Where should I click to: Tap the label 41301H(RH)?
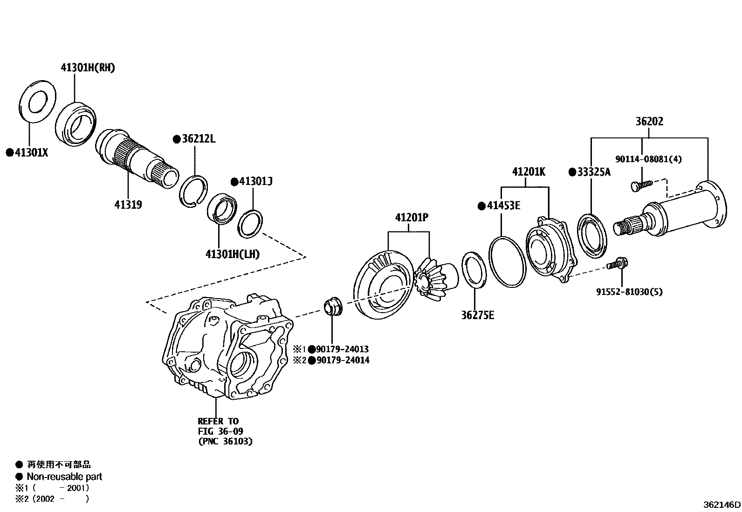[x=88, y=68]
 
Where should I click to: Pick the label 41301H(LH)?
[x=232, y=254]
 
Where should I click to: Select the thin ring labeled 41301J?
[x=250, y=224]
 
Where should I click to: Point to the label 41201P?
[x=412, y=217]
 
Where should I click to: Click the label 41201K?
[x=529, y=172]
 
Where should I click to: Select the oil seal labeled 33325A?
[x=592, y=235]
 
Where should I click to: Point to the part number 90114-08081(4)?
[x=648, y=159]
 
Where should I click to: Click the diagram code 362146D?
[x=721, y=505]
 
